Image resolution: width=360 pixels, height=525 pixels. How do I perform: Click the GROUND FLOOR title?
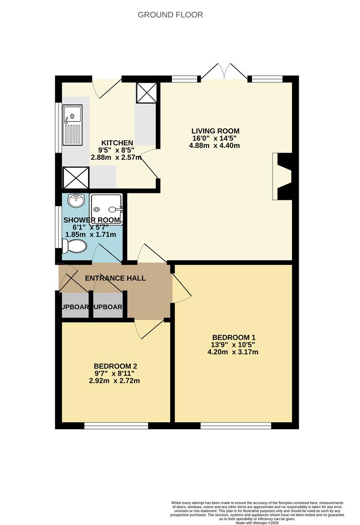click(x=170, y=15)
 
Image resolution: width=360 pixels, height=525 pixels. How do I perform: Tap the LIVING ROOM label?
click(x=215, y=131)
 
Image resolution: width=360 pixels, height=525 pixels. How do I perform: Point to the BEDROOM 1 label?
click(x=234, y=337)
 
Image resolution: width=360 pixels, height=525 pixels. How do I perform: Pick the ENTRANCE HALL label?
click(x=115, y=278)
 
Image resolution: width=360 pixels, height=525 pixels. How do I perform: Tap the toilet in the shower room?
click(x=75, y=247)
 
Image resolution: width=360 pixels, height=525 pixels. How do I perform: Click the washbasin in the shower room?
click(x=76, y=200)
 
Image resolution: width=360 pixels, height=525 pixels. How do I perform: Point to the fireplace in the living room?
click(x=283, y=176)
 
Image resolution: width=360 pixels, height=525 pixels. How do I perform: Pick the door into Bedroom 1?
click(x=181, y=287)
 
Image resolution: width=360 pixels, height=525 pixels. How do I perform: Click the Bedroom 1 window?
click(x=236, y=426)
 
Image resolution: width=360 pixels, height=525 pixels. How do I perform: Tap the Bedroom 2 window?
click(x=116, y=426)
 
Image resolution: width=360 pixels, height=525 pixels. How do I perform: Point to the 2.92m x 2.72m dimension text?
click(x=114, y=381)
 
